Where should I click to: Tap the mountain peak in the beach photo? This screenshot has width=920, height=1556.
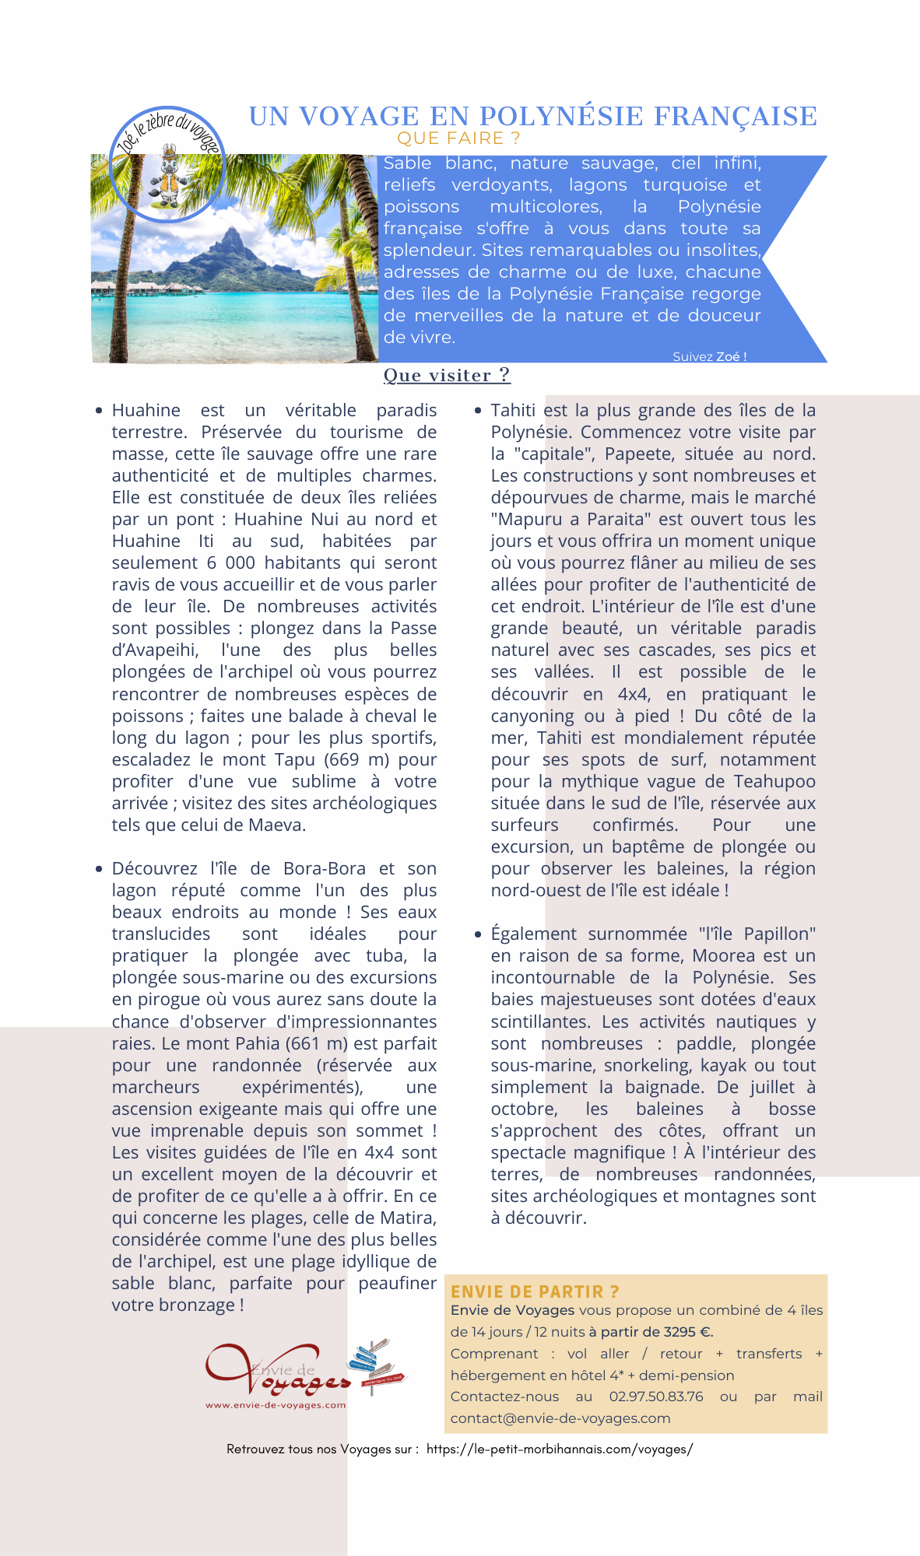230,233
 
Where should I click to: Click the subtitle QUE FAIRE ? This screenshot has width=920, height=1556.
458,138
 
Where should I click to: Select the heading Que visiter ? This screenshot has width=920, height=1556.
447,375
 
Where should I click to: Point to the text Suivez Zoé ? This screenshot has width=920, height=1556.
709,356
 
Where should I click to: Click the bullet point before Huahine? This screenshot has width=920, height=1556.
99,410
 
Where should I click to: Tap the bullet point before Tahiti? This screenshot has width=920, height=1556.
478,410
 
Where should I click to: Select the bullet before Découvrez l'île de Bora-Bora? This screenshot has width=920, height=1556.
99,868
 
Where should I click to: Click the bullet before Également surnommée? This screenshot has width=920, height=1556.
478,934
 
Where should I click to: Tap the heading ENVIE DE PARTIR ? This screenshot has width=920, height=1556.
535,1291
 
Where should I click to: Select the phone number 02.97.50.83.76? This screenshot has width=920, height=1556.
655,1397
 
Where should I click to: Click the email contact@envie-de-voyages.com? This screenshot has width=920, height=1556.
560,1418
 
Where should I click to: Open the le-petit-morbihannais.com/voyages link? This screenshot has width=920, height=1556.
559,1449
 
